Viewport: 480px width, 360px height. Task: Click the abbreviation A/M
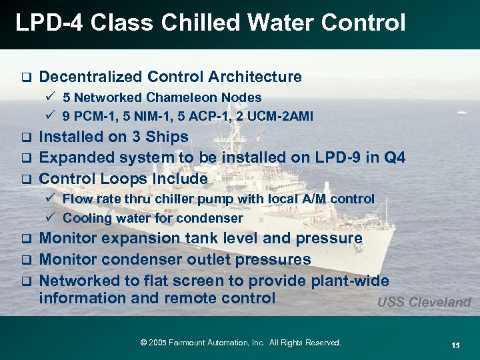point(319,199)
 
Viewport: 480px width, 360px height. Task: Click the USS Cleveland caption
point(423,302)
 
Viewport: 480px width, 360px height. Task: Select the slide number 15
point(455,345)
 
